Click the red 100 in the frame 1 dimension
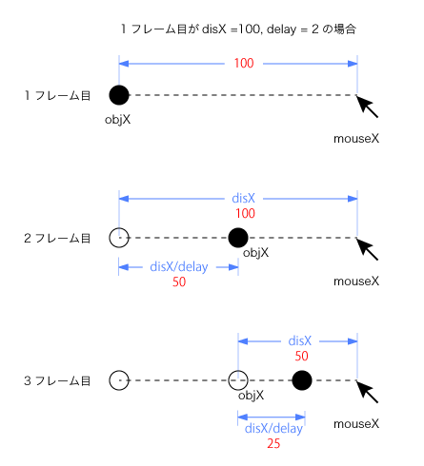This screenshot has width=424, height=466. tap(244, 63)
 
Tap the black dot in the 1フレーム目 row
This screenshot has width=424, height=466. tap(119, 95)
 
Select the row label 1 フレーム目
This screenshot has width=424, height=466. tap(57, 95)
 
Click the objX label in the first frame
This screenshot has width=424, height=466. tap(117, 120)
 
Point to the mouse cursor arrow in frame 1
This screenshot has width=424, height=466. tap(367, 107)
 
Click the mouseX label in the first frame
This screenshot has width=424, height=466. tap(356, 139)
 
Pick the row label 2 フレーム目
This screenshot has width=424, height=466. tap(57, 238)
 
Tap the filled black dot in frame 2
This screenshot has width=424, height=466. tap(238, 238)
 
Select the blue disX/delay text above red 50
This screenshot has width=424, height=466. tap(179, 267)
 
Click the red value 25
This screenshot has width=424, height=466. tap(273, 443)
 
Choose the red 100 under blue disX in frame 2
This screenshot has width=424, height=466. tap(245, 213)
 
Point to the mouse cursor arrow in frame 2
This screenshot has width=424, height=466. tap(367, 249)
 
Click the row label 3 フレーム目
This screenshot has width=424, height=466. tap(57, 380)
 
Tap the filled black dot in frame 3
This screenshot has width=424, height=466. tap(302, 380)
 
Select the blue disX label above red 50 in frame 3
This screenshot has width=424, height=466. tap(300, 341)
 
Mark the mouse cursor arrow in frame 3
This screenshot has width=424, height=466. tap(367, 392)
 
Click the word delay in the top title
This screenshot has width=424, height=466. tap(281, 29)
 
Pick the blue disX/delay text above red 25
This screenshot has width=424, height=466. tap(273, 429)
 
